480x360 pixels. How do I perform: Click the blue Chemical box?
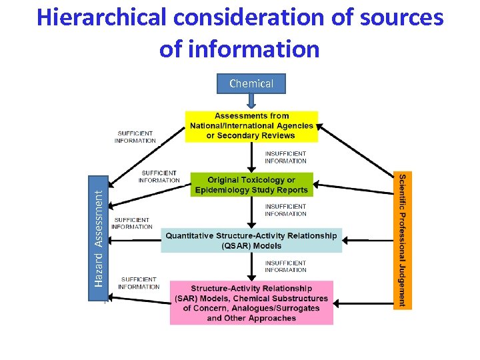point(251,83)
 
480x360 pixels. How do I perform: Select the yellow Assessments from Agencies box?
point(251,126)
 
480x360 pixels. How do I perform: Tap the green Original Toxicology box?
point(251,185)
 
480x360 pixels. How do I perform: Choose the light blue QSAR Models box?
point(251,240)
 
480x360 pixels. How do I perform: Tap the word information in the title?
point(256,49)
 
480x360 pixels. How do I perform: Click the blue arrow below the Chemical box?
point(251,101)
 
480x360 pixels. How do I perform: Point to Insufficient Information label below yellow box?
point(285,157)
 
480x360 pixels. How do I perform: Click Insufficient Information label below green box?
point(285,210)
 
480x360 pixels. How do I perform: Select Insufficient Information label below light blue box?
point(285,266)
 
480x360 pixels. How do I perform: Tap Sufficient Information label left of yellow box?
point(135,137)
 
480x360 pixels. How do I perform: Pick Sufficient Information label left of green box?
point(159,176)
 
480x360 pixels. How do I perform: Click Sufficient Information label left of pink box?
point(139,283)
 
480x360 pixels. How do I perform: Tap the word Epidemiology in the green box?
point(223,190)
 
